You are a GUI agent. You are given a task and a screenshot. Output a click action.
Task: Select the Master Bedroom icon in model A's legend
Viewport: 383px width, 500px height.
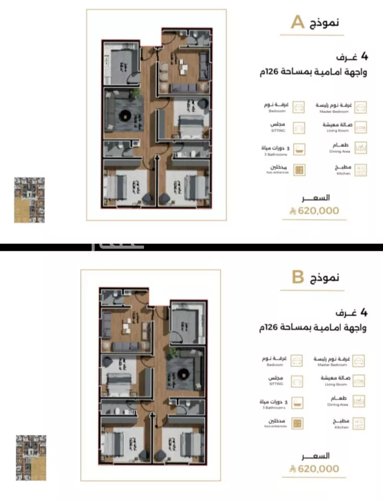point(361,107)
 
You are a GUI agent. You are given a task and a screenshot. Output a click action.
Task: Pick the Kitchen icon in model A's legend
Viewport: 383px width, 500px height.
point(361,170)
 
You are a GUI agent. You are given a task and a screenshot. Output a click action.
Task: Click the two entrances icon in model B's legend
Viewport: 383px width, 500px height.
point(296,423)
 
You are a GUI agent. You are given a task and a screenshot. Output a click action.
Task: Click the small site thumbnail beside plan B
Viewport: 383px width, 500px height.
point(31,458)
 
